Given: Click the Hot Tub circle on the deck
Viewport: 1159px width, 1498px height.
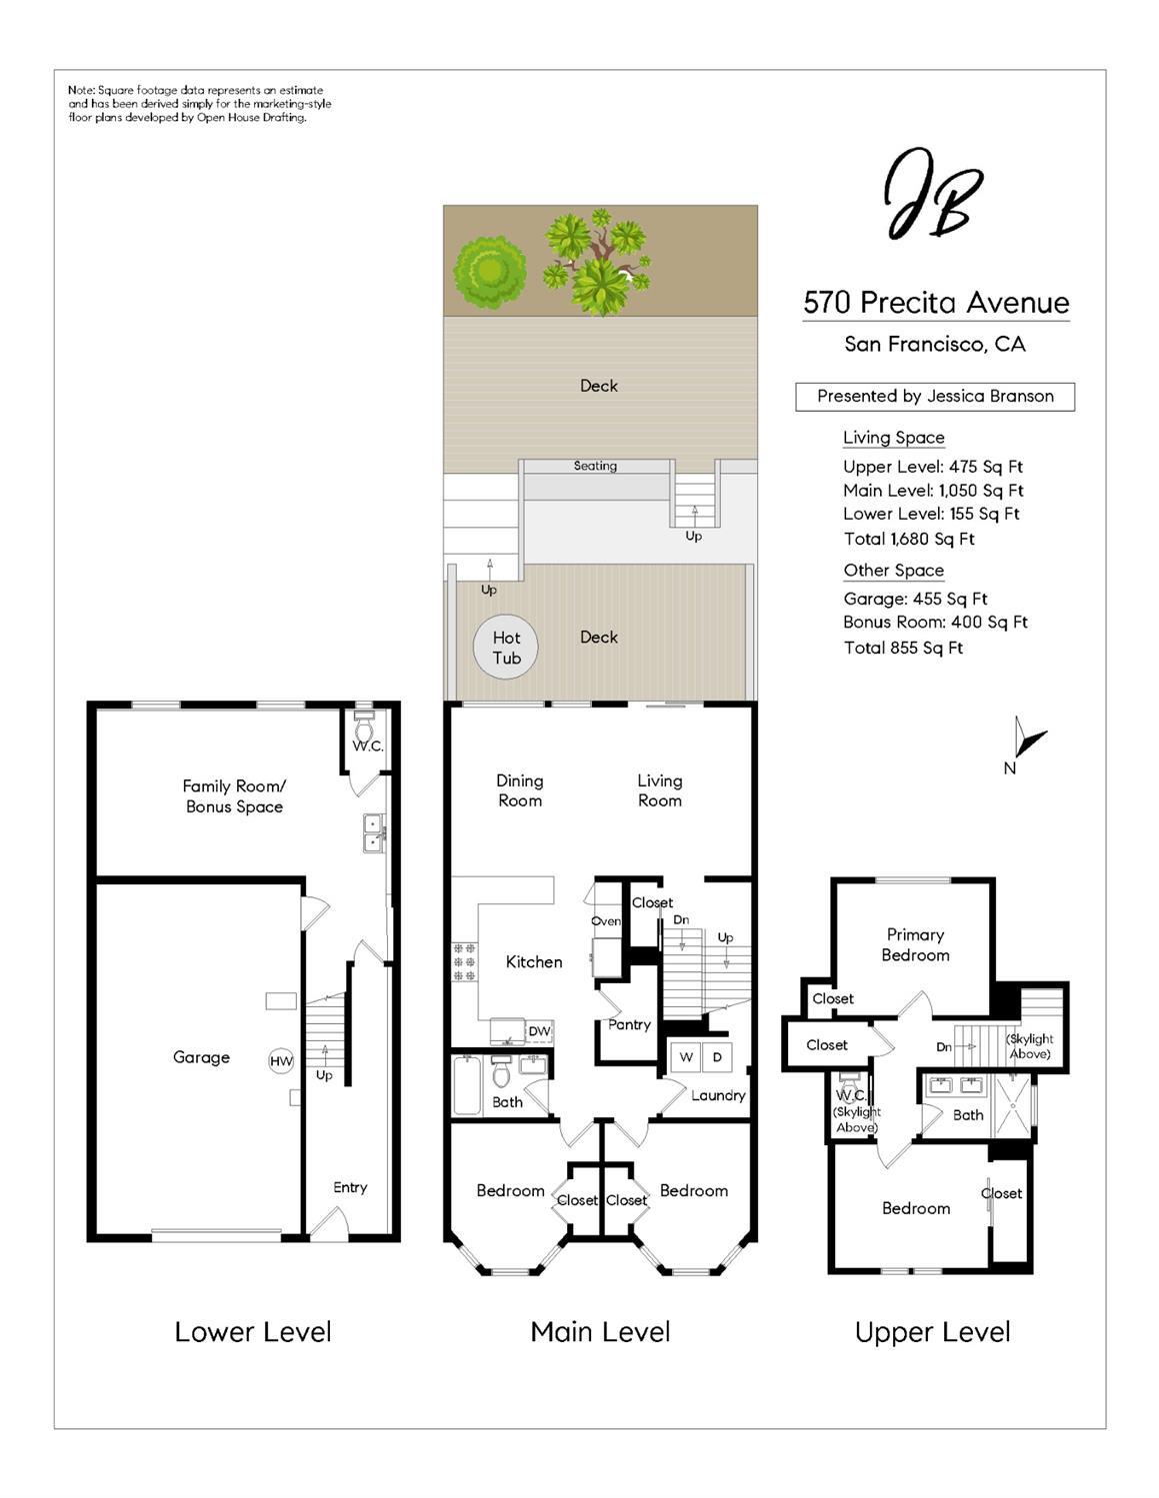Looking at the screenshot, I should coord(506,648).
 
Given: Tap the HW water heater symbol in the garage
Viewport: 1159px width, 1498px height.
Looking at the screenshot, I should coord(281,1061).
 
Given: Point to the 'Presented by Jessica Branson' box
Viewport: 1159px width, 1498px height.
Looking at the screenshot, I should coord(935,397).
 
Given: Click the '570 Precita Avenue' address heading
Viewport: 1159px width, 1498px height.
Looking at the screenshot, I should coord(936,303).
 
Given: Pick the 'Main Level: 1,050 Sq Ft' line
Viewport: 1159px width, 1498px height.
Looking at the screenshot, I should coord(933,491).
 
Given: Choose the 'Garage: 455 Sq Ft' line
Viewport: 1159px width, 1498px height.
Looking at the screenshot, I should coord(915,599).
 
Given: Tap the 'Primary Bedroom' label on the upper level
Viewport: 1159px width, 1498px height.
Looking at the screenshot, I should coord(915,944).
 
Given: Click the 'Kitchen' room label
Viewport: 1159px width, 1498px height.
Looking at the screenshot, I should coord(534,962).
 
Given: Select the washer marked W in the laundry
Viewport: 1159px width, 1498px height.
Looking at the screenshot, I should coord(686,1057).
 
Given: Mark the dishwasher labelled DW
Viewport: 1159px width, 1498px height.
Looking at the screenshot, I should coord(538,1031).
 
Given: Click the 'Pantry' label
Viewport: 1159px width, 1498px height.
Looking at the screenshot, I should coord(629,1024).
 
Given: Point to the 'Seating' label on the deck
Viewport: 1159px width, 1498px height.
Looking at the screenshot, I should coord(595,466).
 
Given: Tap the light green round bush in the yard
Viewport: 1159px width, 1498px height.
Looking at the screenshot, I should coord(490,268).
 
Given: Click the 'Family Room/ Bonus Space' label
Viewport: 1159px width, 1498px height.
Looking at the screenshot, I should coord(234,796).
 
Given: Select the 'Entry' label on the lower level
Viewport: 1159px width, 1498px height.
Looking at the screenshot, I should coord(350,1187).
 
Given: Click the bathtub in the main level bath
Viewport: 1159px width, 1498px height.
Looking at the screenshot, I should coord(467,1085).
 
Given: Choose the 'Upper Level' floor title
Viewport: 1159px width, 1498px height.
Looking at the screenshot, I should coord(932,1332).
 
